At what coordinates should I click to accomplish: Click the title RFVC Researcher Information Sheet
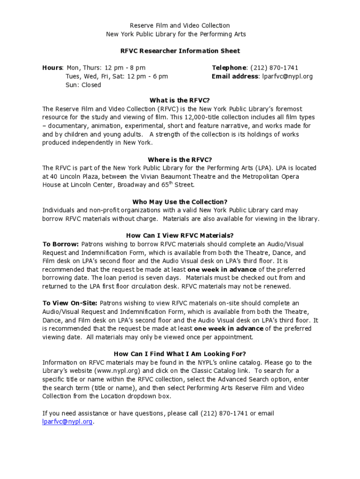[x=180, y=51]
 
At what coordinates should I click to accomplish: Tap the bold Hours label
[x=52, y=68]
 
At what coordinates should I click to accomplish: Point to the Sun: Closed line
[x=83, y=85]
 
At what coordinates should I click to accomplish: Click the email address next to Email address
[x=287, y=76]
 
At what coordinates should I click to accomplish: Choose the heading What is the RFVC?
[x=180, y=100]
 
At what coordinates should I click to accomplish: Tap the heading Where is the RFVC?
[x=180, y=160]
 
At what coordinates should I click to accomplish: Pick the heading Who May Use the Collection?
[x=180, y=202]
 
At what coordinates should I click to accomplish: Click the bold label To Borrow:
[x=61, y=244]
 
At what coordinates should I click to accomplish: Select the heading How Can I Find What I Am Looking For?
[x=180, y=354]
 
